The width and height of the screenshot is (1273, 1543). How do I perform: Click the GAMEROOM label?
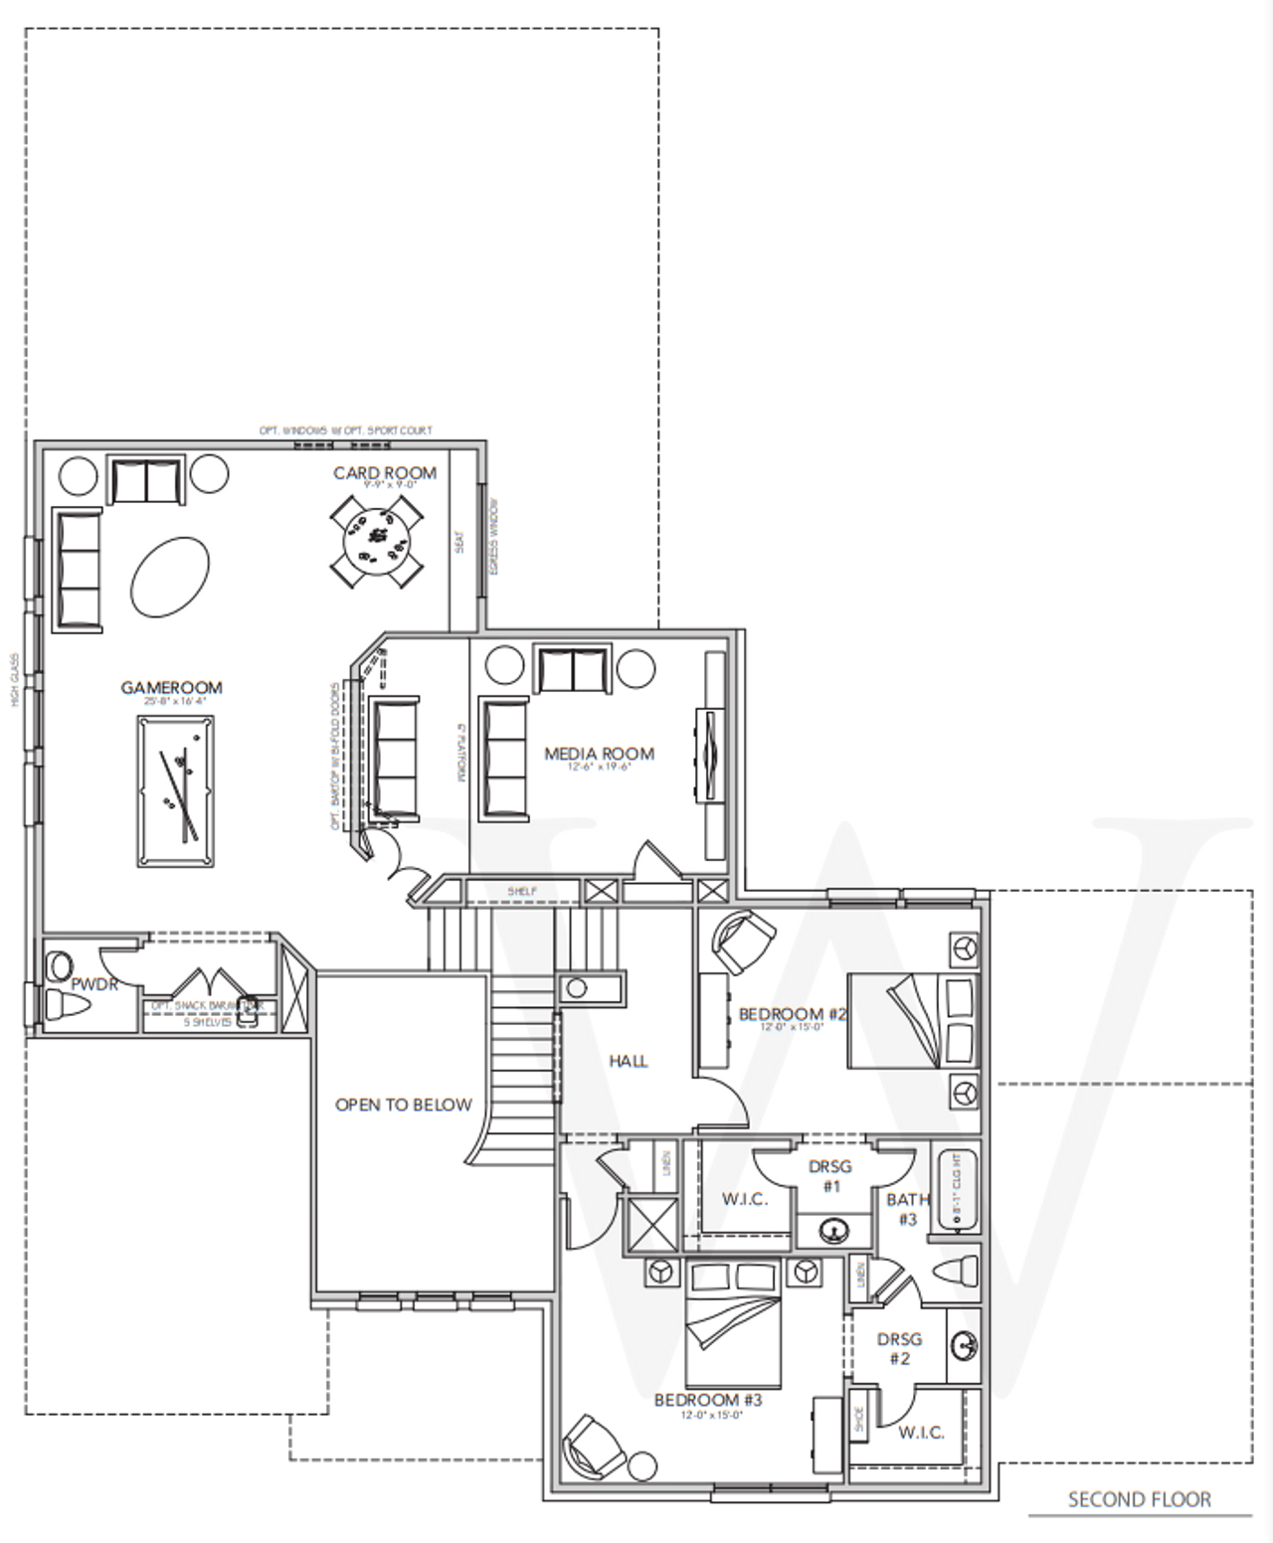pyautogui.click(x=171, y=687)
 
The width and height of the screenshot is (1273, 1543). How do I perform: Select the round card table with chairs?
pyautogui.click(x=376, y=542)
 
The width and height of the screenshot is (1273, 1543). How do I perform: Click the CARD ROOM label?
pyautogui.click(x=384, y=472)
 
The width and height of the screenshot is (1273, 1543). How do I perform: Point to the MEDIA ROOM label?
pyautogui.click(x=599, y=754)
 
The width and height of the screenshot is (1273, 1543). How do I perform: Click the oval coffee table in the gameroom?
pyautogui.click(x=170, y=577)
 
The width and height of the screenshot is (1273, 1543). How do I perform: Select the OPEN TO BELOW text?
pyautogui.click(x=403, y=1105)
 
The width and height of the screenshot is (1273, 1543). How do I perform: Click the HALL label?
pyautogui.click(x=628, y=1062)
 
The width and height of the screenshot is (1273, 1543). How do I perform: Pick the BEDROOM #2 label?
pyautogui.click(x=792, y=1014)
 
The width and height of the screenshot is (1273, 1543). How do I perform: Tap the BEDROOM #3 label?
pyautogui.click(x=707, y=1400)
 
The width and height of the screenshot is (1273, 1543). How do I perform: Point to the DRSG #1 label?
pyautogui.click(x=830, y=1176)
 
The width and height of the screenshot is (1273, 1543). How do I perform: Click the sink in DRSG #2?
pyautogui.click(x=963, y=1346)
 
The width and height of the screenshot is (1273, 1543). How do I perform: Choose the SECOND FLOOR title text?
pyautogui.click(x=1139, y=1499)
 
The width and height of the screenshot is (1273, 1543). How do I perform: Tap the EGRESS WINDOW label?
pyautogui.click(x=494, y=536)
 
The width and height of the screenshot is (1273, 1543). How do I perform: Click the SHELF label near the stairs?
pyautogui.click(x=522, y=891)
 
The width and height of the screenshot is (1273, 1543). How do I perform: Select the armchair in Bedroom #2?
pyautogui.click(x=743, y=941)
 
